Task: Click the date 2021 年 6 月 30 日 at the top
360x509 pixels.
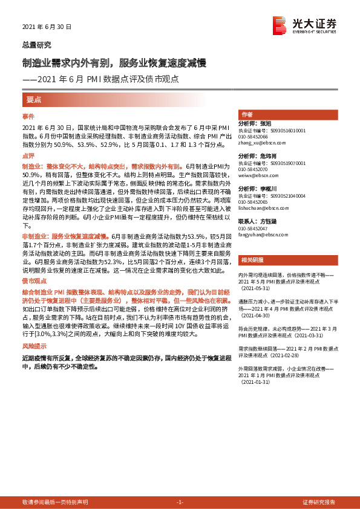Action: pos(47,27)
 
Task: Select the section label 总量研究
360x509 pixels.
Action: pos(36,45)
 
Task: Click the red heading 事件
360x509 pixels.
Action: pos(28,116)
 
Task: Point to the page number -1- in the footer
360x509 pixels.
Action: pos(179,502)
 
